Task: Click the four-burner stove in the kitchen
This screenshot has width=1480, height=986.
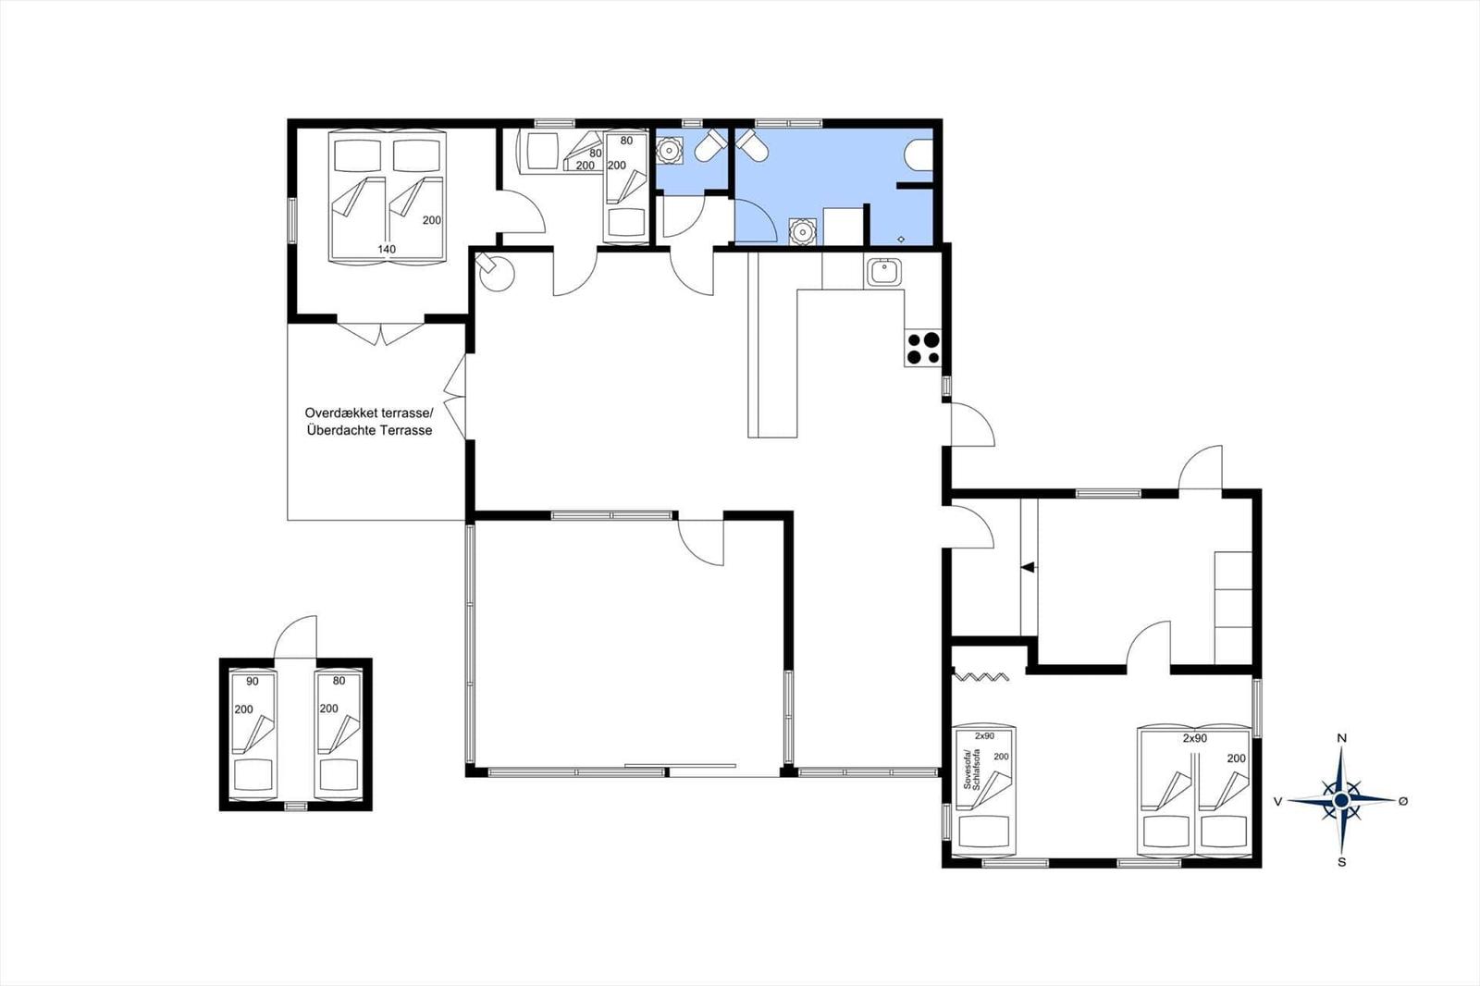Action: [x=923, y=349]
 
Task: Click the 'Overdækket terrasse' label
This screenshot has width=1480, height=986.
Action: [x=368, y=414]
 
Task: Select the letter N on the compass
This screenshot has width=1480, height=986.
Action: [x=1341, y=738]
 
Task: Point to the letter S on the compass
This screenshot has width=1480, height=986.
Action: [x=1341, y=862]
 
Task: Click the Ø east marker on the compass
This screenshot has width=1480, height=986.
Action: [x=1403, y=801]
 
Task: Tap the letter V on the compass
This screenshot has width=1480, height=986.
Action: [x=1278, y=802]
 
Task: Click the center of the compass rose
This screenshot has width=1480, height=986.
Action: [x=1341, y=800]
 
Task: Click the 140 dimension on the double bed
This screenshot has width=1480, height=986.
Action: [x=387, y=250]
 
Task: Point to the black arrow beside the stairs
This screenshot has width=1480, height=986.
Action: [x=1028, y=568]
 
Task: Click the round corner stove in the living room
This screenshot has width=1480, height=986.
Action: [x=498, y=273]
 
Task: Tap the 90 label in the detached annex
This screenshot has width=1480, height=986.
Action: [x=253, y=682]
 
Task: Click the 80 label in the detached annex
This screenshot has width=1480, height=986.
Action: [x=339, y=682]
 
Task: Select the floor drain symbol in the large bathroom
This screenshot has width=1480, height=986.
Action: [x=901, y=239]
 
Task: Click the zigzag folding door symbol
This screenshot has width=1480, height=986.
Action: [x=980, y=676]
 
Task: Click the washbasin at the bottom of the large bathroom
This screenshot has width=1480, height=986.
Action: [x=802, y=230]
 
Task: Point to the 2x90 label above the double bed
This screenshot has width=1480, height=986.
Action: [x=1194, y=739]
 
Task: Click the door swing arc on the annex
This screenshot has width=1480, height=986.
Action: [x=296, y=634]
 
